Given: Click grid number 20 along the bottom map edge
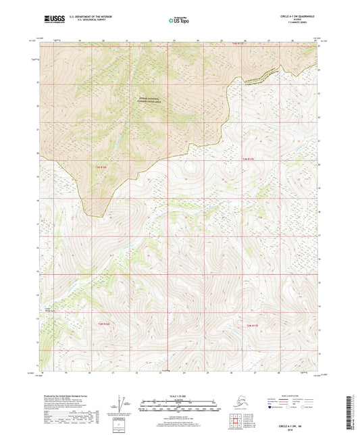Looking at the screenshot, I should pyautogui.click(x=90, y=372).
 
